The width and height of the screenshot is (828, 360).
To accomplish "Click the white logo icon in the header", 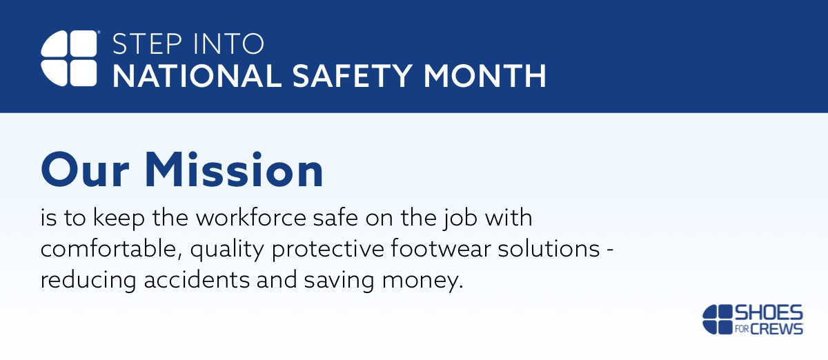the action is (x=69, y=59).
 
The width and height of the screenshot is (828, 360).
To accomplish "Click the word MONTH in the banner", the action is (x=484, y=76).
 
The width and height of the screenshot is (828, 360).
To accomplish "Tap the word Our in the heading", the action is (x=85, y=170).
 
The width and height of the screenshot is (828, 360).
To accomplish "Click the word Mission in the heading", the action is (x=235, y=170).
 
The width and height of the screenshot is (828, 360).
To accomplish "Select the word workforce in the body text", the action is (x=251, y=217).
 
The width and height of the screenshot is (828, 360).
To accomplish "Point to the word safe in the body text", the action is (x=335, y=217).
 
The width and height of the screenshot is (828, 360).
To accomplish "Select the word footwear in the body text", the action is (x=441, y=248).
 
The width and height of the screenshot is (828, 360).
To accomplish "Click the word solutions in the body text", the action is (x=549, y=248).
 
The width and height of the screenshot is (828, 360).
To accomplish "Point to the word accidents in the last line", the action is (x=197, y=279).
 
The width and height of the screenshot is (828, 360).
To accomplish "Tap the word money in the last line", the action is (x=422, y=281).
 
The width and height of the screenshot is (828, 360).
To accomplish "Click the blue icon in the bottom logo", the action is (x=717, y=319).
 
